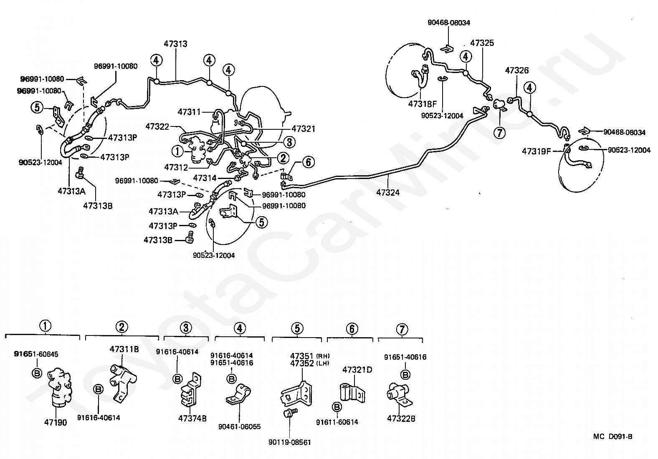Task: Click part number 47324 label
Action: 387,192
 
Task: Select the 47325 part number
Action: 482,43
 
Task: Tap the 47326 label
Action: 516,70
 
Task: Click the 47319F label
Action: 536,151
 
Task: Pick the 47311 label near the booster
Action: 189,112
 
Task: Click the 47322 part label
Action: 157,126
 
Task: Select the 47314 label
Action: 205,178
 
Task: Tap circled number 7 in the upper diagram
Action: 499,133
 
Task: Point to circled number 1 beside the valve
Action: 178,151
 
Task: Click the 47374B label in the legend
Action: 192,419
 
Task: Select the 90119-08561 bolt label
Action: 290,442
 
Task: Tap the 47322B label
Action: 401,419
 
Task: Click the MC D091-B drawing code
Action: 612,437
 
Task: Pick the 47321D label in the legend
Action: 357,369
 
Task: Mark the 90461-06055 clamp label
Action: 239,426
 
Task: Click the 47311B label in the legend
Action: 124,349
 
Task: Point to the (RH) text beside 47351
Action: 323,356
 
